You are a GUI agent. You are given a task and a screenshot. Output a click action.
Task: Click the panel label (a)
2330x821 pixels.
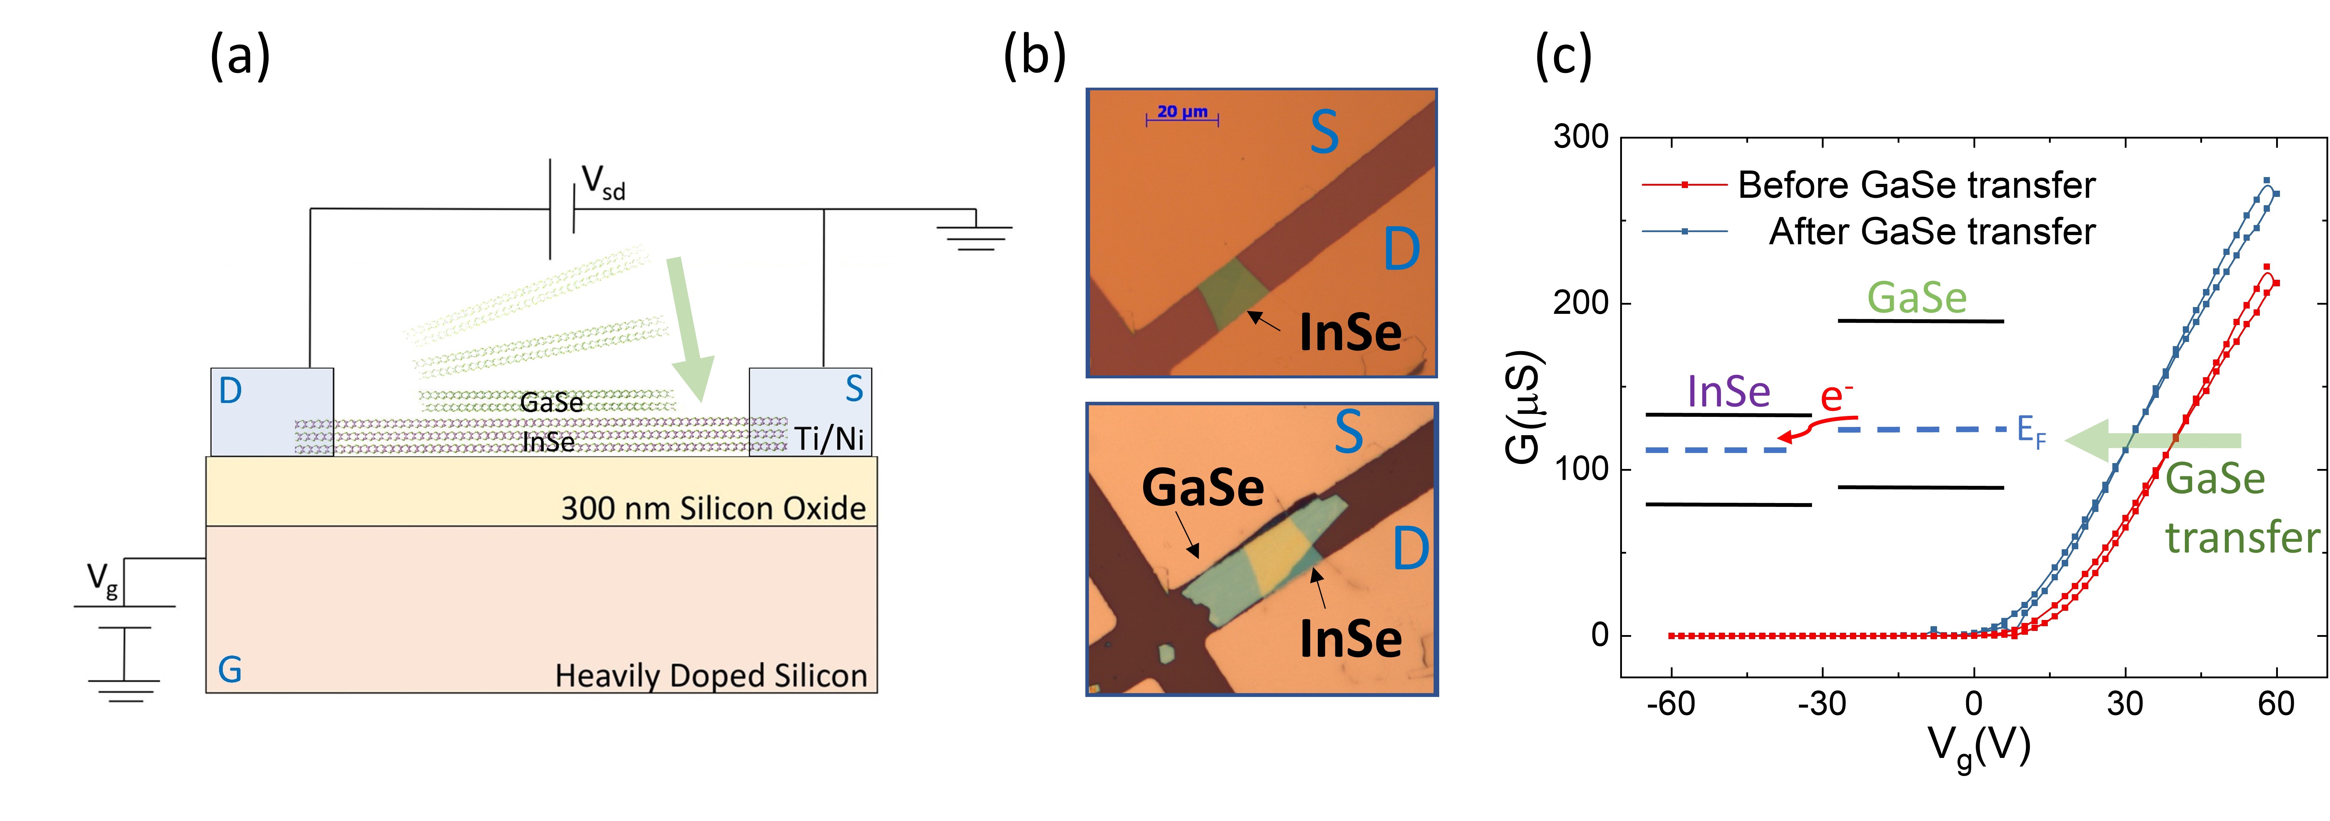[x=240, y=56]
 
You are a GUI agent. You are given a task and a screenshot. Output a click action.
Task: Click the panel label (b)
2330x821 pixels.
[x=1035, y=56]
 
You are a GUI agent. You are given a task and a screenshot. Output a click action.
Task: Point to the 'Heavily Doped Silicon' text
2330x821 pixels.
[x=711, y=675]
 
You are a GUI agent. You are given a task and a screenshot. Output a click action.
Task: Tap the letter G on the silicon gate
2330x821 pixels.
[x=230, y=670]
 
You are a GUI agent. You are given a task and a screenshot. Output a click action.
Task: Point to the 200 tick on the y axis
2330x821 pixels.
[x=1581, y=303]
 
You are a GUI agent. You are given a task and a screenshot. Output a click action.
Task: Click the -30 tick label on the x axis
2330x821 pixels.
[x=1822, y=703]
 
